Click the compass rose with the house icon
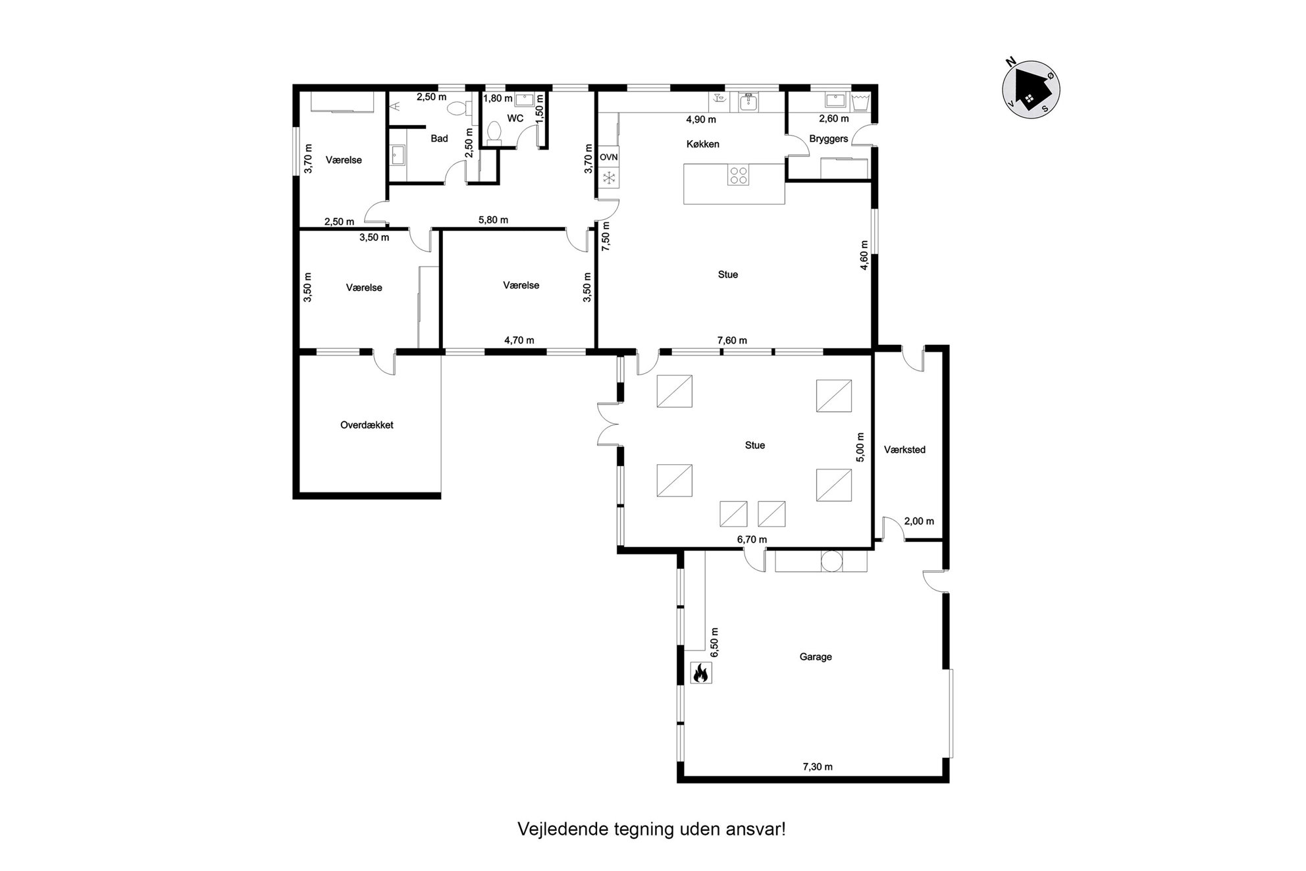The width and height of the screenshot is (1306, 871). [x=1030, y=89]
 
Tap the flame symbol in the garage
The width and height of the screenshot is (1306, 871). [x=700, y=673]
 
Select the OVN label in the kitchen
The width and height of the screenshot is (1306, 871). [x=608, y=157]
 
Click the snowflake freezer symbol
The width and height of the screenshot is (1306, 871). [x=609, y=177]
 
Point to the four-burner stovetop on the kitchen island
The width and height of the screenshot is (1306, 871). [x=738, y=175]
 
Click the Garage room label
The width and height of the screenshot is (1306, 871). [x=816, y=656]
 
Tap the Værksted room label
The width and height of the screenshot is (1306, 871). [x=904, y=450]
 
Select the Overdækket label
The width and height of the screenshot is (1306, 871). [x=367, y=425]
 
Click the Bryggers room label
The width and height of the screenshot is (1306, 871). [x=829, y=139]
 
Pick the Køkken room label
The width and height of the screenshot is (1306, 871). [x=702, y=144]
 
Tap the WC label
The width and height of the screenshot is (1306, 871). [x=515, y=119]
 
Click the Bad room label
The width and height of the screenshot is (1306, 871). [x=439, y=138]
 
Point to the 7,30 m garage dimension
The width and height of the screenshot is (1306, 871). [x=818, y=766]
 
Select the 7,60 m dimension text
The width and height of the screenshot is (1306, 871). [x=732, y=340]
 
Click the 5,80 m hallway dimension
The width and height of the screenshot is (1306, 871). [x=493, y=220]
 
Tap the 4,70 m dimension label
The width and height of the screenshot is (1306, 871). [x=519, y=340]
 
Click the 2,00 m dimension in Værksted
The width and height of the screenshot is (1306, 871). [x=919, y=521]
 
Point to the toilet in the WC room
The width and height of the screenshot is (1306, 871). [x=494, y=132]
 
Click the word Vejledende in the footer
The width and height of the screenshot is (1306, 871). [x=555, y=829]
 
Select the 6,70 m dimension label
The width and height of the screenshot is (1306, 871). [x=752, y=540]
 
